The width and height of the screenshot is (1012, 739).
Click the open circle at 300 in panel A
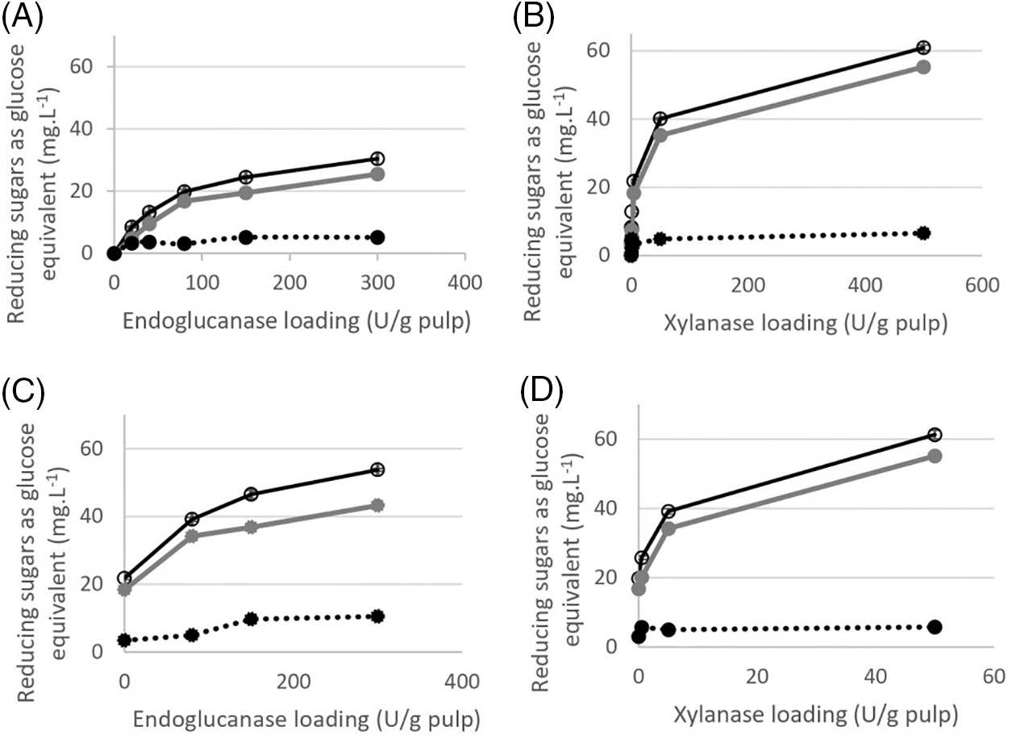click(377, 159)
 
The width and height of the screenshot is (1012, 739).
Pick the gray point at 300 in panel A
click(377, 174)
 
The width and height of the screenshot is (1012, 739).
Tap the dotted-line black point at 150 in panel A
click(245, 237)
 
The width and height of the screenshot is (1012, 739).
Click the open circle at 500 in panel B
click(923, 48)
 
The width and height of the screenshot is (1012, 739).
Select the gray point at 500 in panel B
click(923, 67)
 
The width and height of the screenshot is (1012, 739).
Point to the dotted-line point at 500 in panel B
click(923, 233)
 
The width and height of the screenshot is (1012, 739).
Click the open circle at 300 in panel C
click(377, 470)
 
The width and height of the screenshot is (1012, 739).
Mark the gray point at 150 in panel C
click(251, 528)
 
